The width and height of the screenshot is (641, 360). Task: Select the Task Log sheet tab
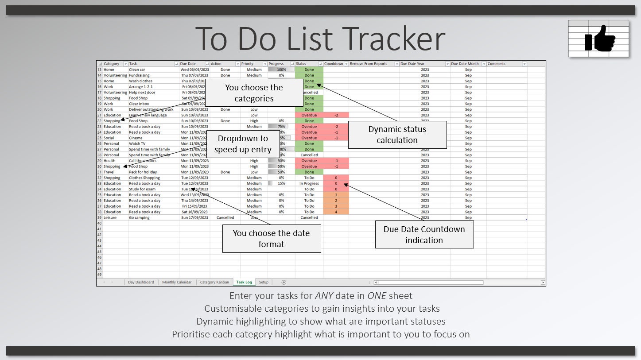point(244,282)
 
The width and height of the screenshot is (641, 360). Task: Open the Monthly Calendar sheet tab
point(177,282)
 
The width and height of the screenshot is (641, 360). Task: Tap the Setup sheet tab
point(264,282)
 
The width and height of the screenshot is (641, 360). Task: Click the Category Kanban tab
point(214,282)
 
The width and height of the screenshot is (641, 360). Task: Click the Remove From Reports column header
point(369,64)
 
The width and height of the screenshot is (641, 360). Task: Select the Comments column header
point(497,64)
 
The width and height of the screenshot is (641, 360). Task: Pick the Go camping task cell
point(139,218)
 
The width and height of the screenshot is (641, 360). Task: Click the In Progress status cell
point(309,183)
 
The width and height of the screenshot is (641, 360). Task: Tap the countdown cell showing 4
point(336,212)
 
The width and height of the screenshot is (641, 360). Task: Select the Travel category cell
point(109,172)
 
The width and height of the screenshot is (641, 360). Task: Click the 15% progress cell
point(281,183)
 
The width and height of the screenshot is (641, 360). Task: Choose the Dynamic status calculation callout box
point(397,135)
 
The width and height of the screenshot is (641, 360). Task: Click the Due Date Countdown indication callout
point(424,235)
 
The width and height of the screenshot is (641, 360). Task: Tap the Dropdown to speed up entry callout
point(242,144)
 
